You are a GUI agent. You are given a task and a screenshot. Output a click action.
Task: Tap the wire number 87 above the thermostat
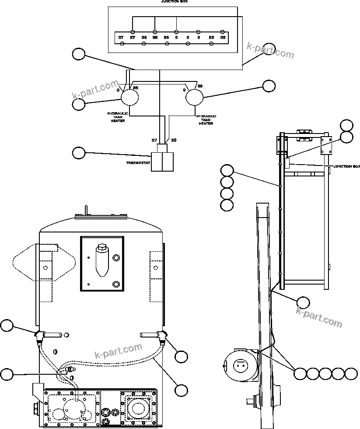point(154,140)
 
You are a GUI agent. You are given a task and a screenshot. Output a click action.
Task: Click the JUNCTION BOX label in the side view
point(346,166)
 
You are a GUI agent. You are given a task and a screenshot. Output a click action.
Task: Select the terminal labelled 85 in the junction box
point(211,39)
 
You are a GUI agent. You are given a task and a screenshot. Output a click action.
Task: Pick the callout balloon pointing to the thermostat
point(79,153)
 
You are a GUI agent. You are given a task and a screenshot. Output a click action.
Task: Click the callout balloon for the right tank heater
point(268,86)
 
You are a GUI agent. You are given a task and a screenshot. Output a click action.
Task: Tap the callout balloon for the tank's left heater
point(7,326)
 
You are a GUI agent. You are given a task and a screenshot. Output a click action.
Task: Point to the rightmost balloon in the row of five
point(351,373)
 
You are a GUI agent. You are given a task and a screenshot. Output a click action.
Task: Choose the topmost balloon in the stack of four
point(227,170)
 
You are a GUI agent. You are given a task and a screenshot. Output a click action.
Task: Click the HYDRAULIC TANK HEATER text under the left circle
point(116,117)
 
